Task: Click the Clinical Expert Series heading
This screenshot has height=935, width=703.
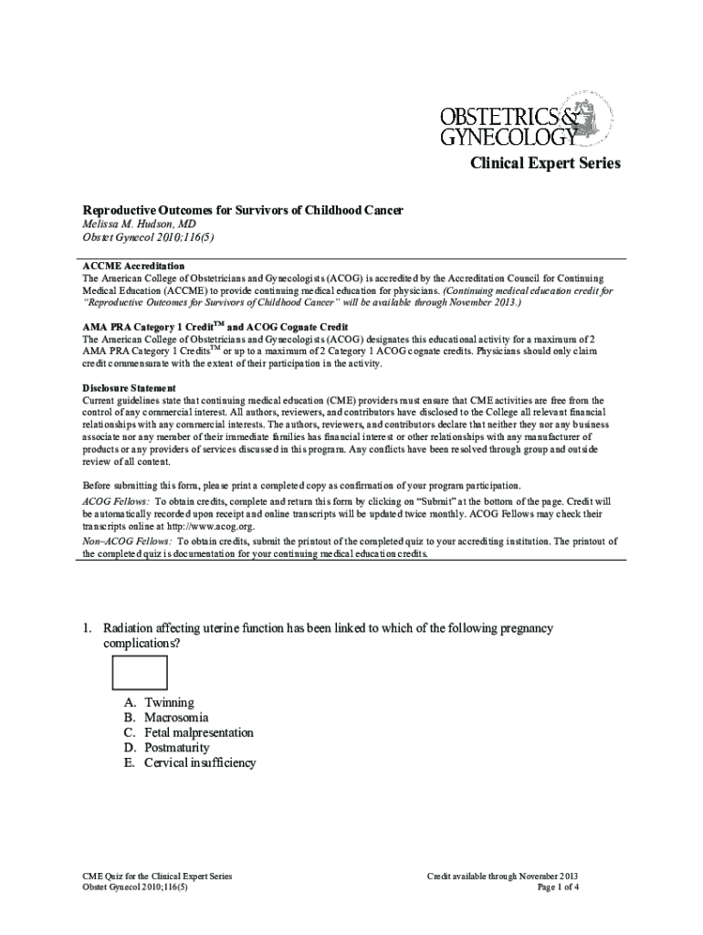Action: [x=545, y=163]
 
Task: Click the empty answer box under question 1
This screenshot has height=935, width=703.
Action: [x=139, y=673]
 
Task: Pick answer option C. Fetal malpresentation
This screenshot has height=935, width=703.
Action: [x=187, y=732]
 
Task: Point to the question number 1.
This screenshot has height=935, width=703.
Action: [x=87, y=628]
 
